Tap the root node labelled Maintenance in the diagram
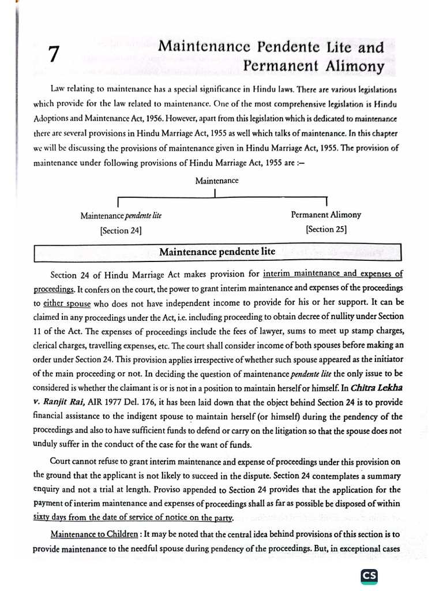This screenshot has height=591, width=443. coord(216,181)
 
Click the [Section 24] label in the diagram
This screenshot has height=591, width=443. coord(121,230)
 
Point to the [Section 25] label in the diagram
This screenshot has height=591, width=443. coord(326,229)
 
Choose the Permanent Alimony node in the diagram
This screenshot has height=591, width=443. coord(326,215)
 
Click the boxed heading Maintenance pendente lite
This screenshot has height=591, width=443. coord(217,252)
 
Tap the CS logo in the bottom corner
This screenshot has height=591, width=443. coord(369,575)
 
